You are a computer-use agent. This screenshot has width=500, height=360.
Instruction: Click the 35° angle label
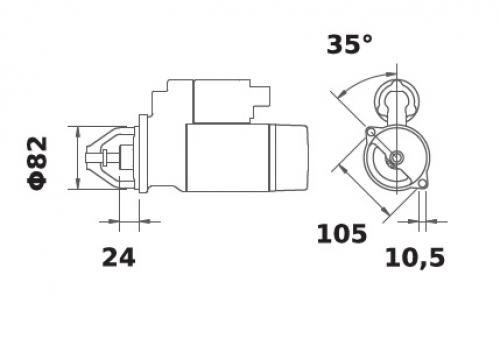click(349, 44)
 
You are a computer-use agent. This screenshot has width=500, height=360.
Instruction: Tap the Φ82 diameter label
click(37, 163)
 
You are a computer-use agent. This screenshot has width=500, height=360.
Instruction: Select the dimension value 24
click(118, 257)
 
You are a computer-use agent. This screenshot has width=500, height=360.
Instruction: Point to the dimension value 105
click(341, 233)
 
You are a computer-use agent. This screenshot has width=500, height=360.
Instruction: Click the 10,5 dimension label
click(415, 257)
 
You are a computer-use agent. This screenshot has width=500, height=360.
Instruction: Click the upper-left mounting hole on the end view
click(370, 132)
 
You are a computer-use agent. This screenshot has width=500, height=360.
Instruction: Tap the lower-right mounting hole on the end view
click(422, 184)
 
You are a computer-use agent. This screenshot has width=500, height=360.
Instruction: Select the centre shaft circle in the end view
click(397, 156)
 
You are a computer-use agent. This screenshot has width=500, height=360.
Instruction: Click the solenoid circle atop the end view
click(397, 99)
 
